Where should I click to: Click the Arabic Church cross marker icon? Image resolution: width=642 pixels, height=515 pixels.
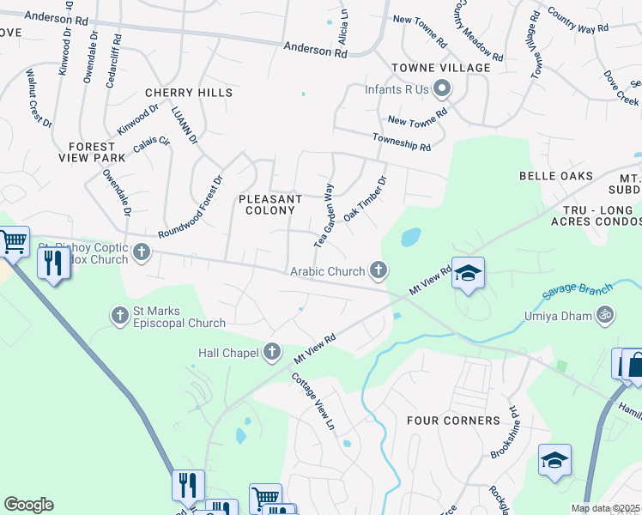click(x=377, y=271)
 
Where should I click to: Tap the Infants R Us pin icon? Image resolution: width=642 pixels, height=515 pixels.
click(x=442, y=88)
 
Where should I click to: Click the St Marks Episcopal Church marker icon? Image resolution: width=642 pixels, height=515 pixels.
click(x=120, y=316)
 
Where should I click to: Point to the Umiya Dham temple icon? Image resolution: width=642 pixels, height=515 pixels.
click(x=605, y=316)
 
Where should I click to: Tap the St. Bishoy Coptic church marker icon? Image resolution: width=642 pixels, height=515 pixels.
click(x=142, y=252)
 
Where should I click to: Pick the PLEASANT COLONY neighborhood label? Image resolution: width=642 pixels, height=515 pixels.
click(x=270, y=204)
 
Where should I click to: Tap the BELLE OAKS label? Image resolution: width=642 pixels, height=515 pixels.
click(x=556, y=176)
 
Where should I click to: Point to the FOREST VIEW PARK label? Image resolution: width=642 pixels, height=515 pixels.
click(x=92, y=152)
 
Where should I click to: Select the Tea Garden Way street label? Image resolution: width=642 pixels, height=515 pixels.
click(x=324, y=215)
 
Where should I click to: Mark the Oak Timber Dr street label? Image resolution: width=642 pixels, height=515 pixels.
click(x=366, y=199)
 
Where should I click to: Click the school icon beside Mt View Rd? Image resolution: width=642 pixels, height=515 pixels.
click(x=468, y=274)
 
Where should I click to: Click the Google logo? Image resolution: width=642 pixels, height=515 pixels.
click(x=28, y=505)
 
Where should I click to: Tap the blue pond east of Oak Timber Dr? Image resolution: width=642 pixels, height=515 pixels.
click(x=410, y=236)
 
